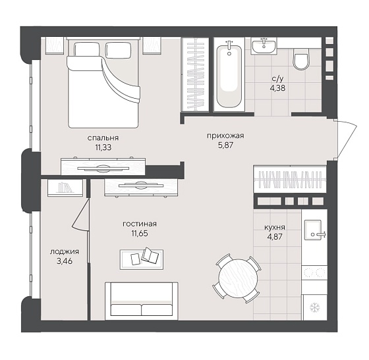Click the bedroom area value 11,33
[x=103, y=147]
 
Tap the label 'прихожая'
[x=225, y=136]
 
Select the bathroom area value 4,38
[x=277, y=88]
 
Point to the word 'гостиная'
[x=140, y=224]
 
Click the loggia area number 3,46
[x=65, y=261]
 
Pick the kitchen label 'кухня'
[x=275, y=228]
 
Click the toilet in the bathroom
[x=300, y=59]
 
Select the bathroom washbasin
[x=264, y=46]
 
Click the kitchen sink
[x=313, y=230]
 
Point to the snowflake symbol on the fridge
[x=314, y=307]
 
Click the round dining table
[x=238, y=278]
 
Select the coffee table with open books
[x=142, y=259]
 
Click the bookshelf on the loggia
[x=65, y=188]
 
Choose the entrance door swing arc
[x=347, y=139]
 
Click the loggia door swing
[x=80, y=215]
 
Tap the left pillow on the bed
[x=86, y=49]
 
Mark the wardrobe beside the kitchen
[x=290, y=179]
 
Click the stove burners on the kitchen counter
[x=314, y=272]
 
